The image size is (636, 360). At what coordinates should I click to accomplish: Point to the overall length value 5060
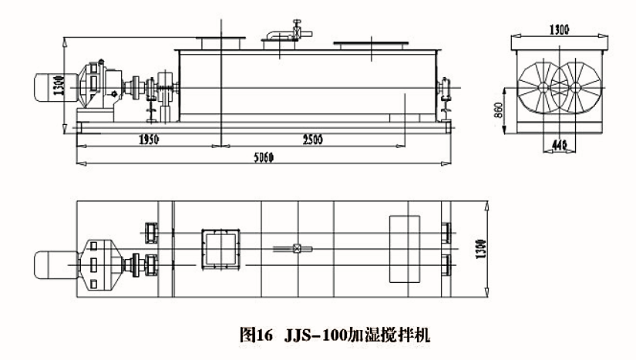click(262, 158)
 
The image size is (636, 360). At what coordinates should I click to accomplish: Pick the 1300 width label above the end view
click(560, 30)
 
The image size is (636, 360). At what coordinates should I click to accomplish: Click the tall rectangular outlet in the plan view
click(405, 247)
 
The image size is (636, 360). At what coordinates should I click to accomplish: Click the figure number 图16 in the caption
click(257, 335)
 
